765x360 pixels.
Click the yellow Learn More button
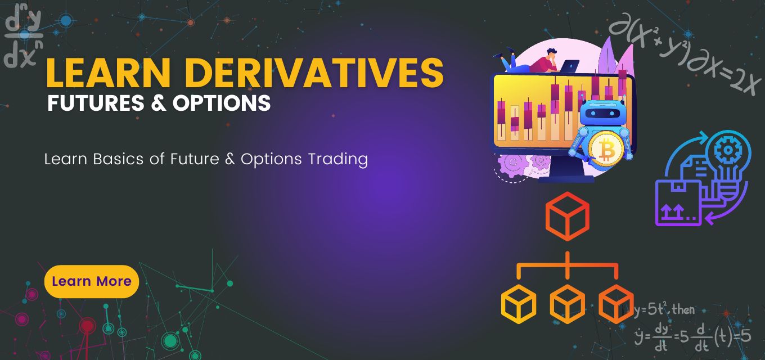92,281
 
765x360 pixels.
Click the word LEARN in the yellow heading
108,73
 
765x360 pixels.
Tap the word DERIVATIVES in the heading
314,73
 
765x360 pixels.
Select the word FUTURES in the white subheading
96,103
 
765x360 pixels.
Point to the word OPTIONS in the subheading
222,103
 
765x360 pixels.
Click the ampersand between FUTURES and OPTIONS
159,103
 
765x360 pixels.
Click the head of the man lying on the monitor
552,53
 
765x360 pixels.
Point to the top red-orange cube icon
567,216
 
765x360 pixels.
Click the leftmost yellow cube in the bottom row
519,304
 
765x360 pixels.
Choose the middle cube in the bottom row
567,304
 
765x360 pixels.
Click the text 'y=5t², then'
664,309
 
